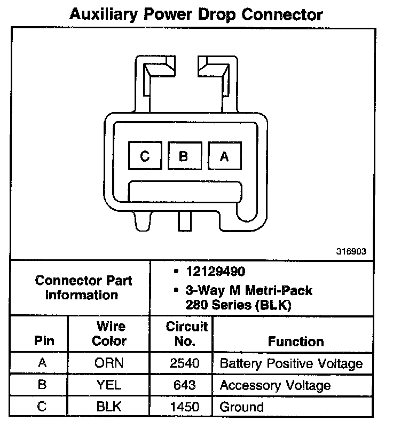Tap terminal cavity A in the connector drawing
point(224,156)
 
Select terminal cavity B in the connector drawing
point(184,156)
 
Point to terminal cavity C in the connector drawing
point(145,156)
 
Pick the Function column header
point(296,341)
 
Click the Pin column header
point(44,341)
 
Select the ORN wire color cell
point(109,363)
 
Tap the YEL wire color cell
point(109,385)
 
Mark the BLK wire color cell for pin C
point(109,407)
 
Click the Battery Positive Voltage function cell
point(292,364)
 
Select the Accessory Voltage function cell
point(275,385)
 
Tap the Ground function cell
point(242,407)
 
